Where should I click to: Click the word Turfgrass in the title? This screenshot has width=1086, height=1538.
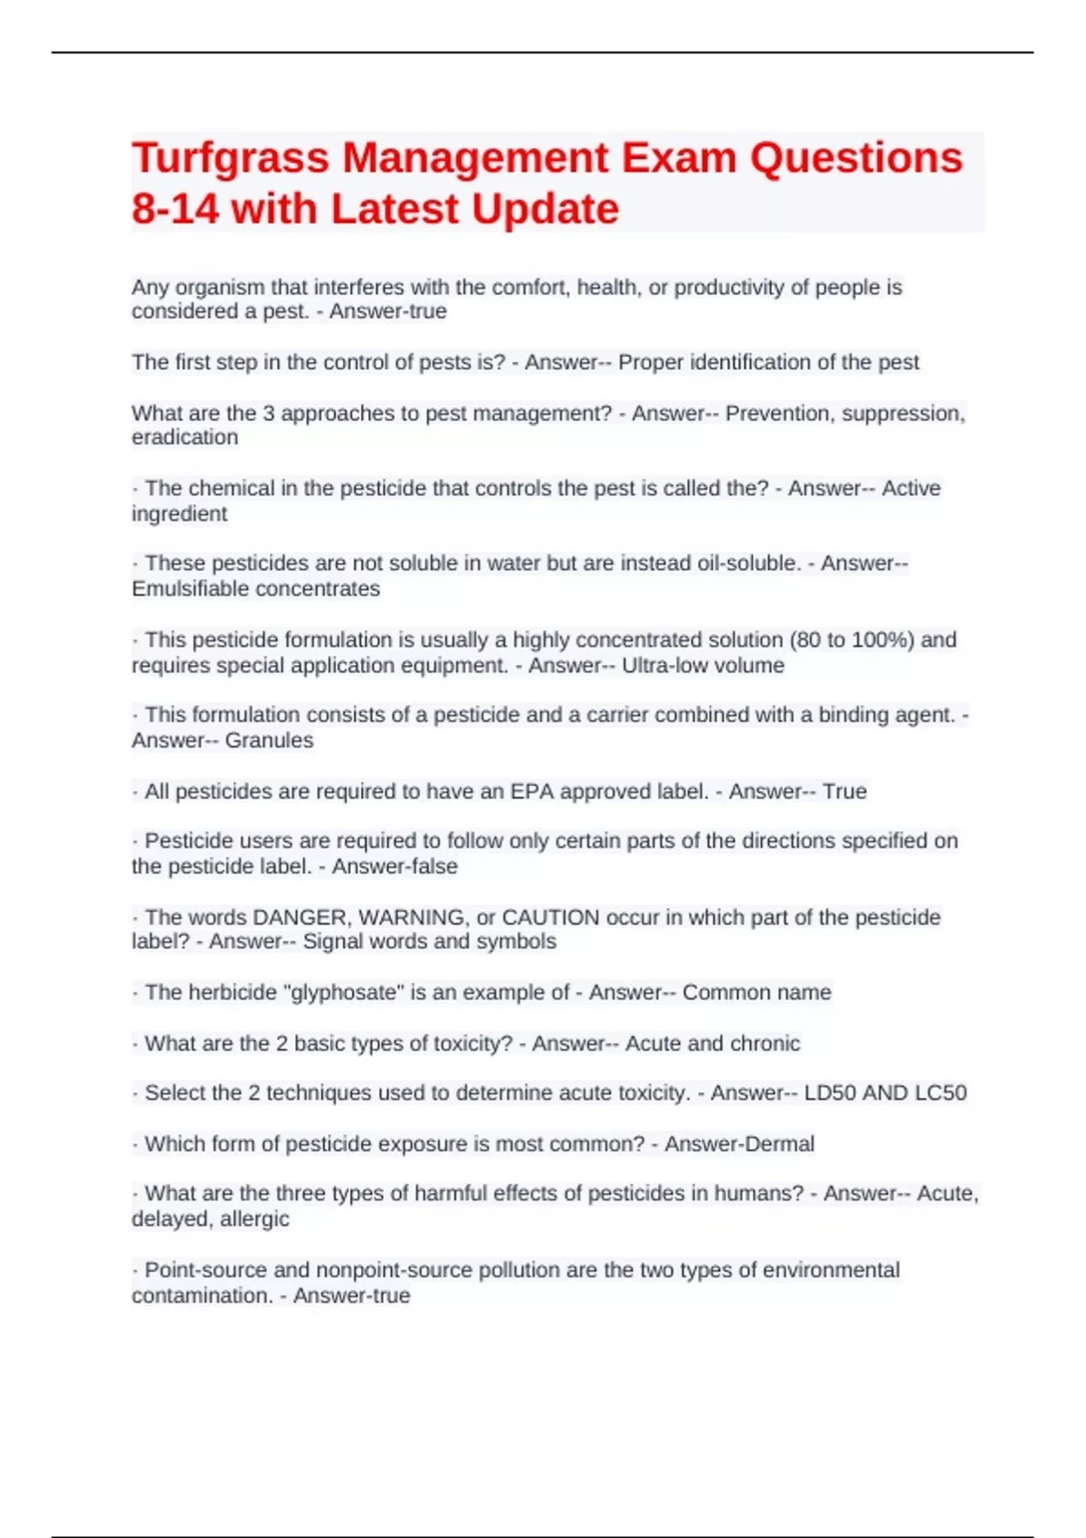[x=230, y=159]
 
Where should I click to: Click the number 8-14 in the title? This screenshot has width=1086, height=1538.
[x=175, y=210]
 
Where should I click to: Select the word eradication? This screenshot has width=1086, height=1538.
[x=185, y=438]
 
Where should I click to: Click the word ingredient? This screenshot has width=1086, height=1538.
[x=179, y=515]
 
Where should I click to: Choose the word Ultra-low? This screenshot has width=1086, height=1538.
[x=662, y=666]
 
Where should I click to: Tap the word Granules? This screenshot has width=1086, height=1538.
[x=269, y=741]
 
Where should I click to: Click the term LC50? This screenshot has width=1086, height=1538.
[x=940, y=1093]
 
